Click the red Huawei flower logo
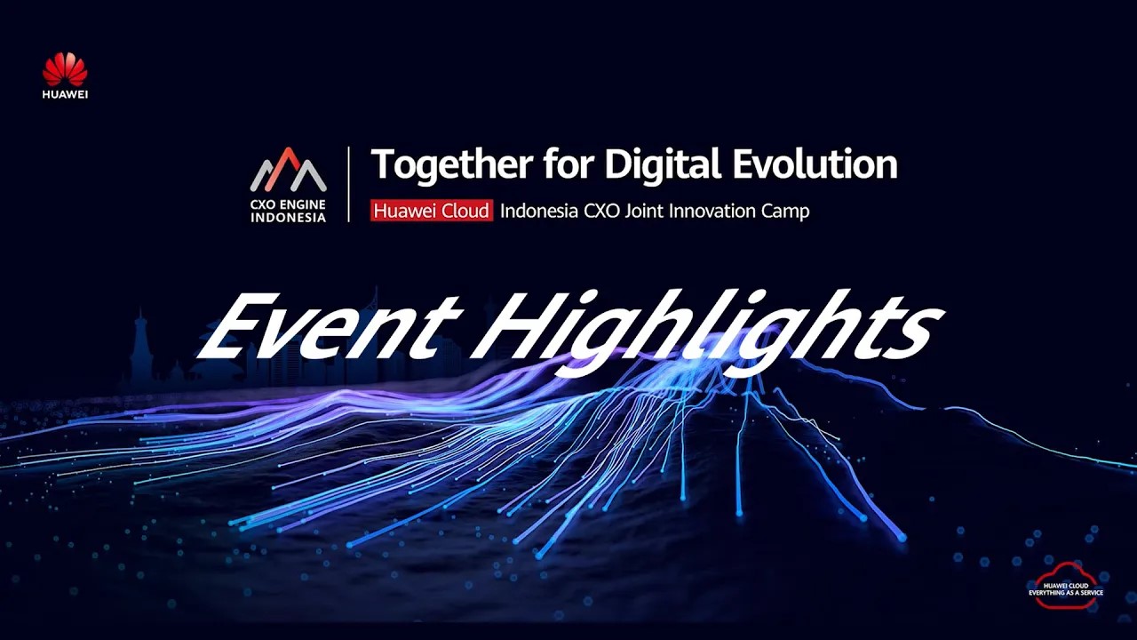(65, 69)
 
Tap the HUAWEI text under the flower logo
(65, 94)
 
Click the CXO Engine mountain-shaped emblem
(288, 169)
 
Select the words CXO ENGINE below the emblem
(288, 204)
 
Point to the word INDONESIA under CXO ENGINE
(288, 218)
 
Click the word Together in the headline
(452, 164)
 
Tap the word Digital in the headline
(663, 164)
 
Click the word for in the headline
(569, 164)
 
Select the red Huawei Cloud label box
(432, 211)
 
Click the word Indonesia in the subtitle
(539, 211)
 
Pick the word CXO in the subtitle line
(601, 211)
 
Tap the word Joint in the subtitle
(645, 211)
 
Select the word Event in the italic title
(330, 325)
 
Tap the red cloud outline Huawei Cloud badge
(1065, 585)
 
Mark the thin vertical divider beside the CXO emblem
(349, 184)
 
